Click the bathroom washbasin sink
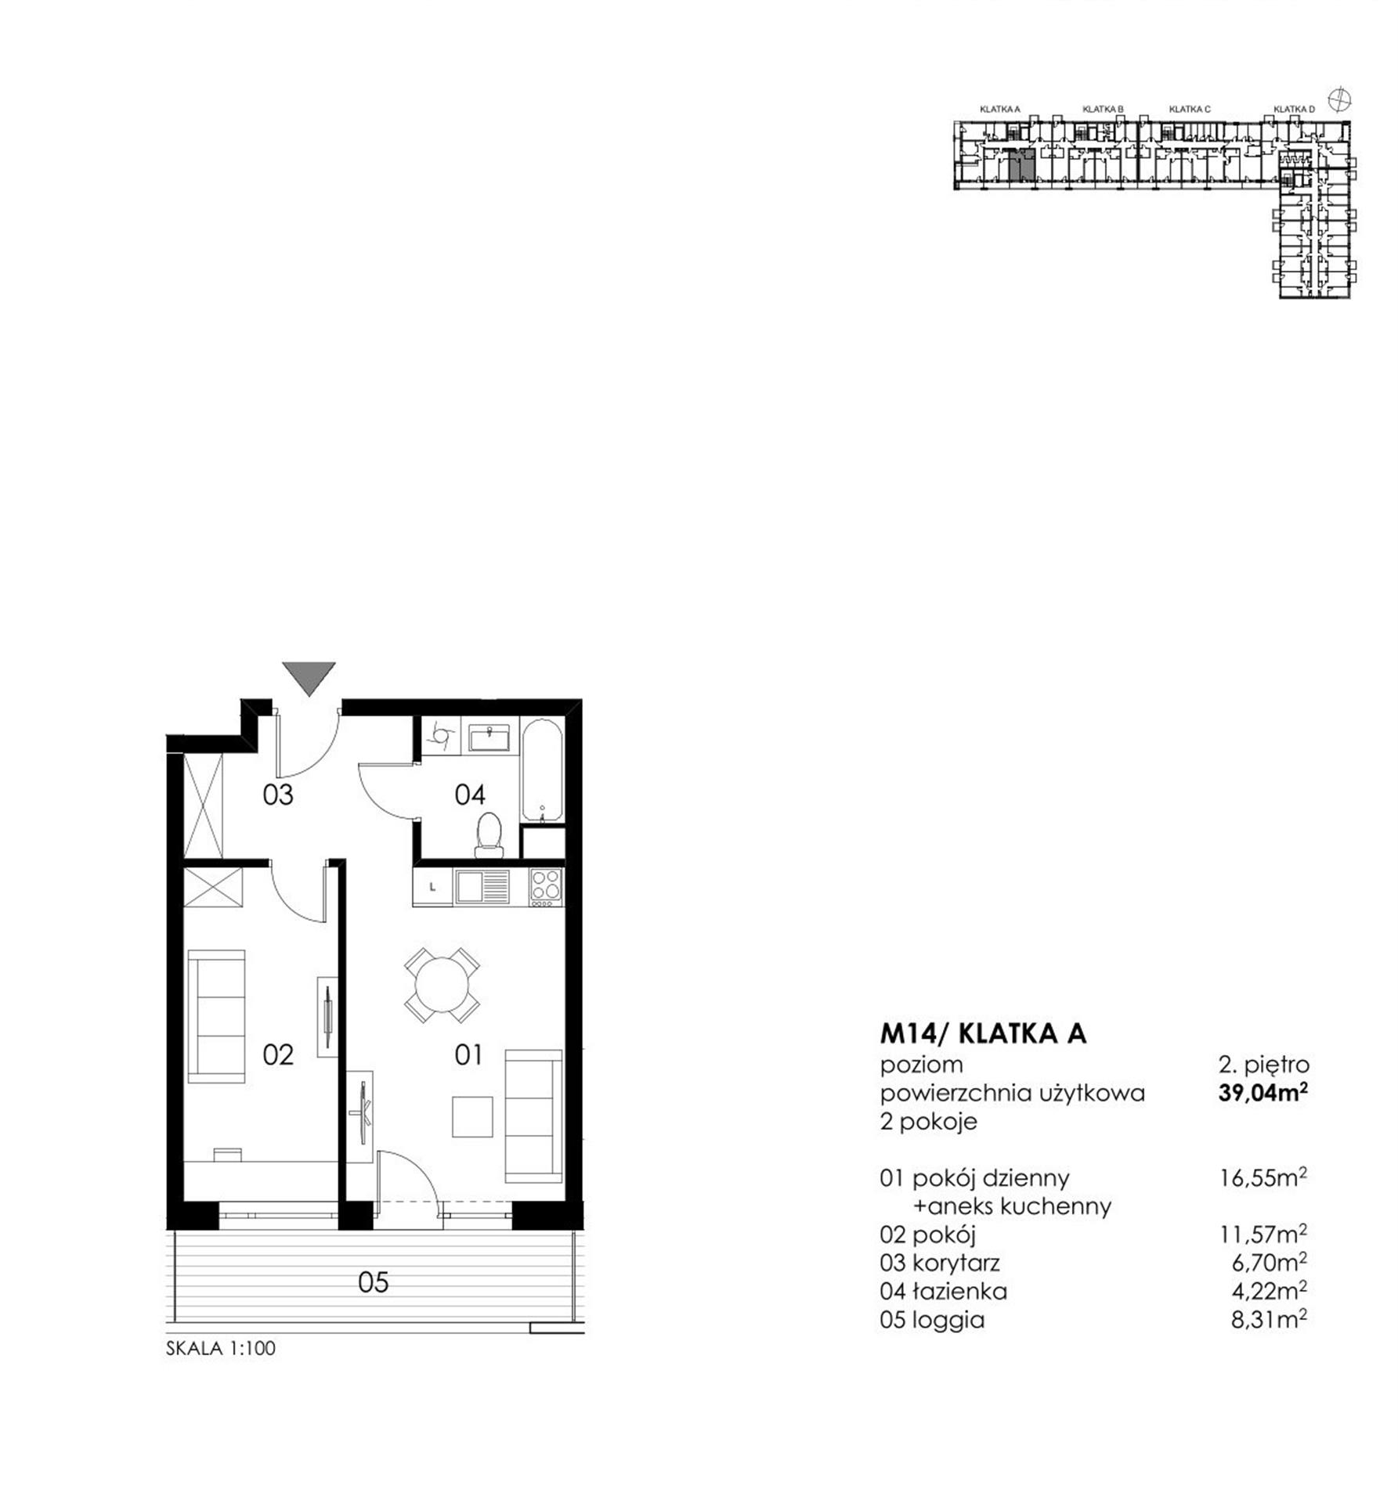click(489, 738)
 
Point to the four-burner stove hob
click(547, 888)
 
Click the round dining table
click(443, 984)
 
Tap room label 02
click(278, 1054)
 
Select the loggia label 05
click(373, 1282)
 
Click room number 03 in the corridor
click(277, 795)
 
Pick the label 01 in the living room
click(468, 1054)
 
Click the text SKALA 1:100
click(221, 1349)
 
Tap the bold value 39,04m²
click(1263, 1092)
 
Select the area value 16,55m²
click(1263, 1177)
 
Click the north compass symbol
click(1341, 99)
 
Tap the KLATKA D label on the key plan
click(1294, 110)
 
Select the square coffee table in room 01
click(472, 1116)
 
